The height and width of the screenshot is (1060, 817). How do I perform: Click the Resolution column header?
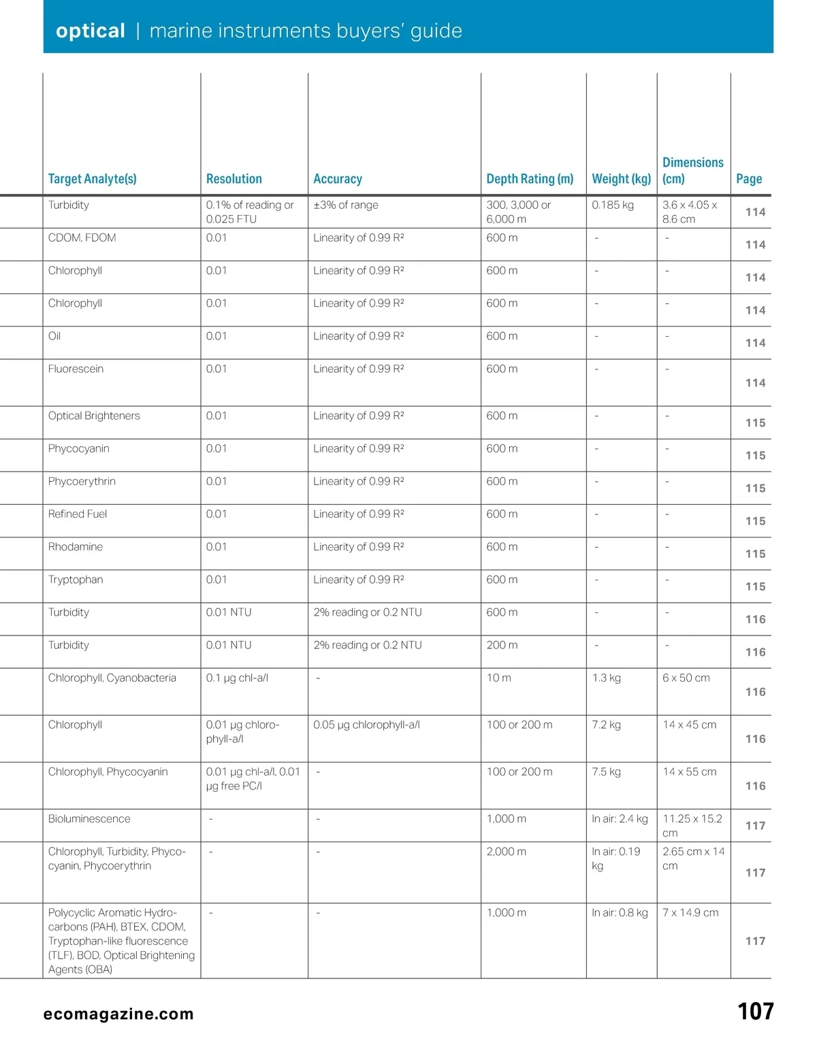(x=234, y=179)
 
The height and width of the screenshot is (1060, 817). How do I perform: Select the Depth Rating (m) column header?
(x=530, y=179)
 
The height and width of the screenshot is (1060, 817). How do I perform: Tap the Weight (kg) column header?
(x=621, y=179)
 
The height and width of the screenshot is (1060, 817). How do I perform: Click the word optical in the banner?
(x=91, y=31)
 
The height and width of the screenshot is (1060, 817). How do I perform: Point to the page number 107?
(x=755, y=1012)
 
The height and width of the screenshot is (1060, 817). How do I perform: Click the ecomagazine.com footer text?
(x=118, y=1014)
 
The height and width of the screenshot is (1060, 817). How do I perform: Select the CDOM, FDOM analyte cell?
(x=82, y=238)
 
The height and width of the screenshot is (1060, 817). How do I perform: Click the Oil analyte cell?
(x=54, y=336)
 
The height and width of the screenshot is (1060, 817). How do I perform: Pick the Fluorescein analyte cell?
(x=76, y=369)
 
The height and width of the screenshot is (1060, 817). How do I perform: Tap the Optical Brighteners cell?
(x=94, y=416)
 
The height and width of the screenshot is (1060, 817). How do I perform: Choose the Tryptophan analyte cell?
(x=76, y=580)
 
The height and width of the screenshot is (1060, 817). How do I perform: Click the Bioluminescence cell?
(x=89, y=819)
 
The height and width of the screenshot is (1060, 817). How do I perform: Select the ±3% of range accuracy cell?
(x=346, y=205)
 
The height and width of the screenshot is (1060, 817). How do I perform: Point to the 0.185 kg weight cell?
(x=613, y=205)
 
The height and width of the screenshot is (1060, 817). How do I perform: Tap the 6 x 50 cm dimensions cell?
(x=686, y=678)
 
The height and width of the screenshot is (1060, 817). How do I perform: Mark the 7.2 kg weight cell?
(x=606, y=725)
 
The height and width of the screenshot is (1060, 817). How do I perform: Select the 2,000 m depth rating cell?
(x=506, y=852)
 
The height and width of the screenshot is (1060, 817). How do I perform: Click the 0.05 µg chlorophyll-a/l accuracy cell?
(x=366, y=725)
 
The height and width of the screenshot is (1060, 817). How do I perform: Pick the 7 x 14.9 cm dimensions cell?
(x=690, y=913)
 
